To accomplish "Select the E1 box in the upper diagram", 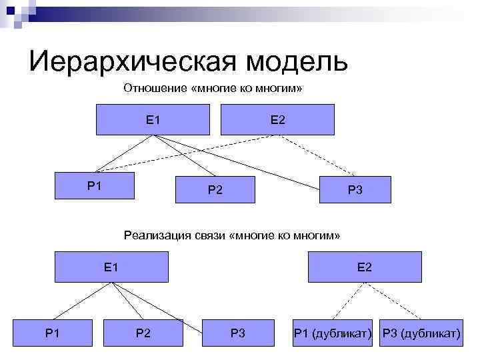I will [x=153, y=120].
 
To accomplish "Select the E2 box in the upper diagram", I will [x=277, y=120].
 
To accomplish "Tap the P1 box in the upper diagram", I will [x=95, y=185].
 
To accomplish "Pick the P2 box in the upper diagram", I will [x=215, y=189].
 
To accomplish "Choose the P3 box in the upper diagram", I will [x=355, y=189].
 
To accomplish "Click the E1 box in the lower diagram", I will [x=111, y=267].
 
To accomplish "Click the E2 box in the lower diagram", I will [x=365, y=267].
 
